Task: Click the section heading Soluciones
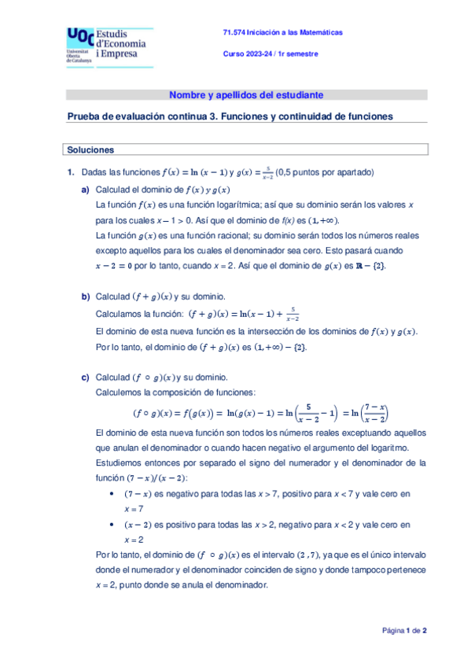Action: (x=91, y=149)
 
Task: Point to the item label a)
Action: (x=86, y=191)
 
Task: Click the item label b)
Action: (x=86, y=297)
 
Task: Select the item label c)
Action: (x=86, y=377)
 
